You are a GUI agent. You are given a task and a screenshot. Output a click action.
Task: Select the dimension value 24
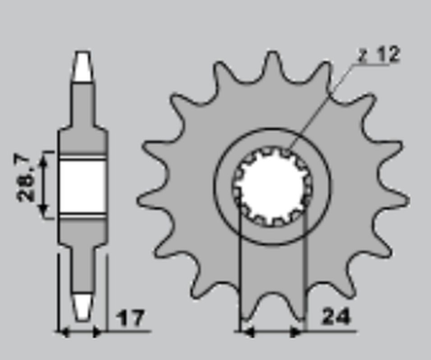coord(336,318)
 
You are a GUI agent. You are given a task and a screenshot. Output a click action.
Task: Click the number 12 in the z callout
coord(387,56)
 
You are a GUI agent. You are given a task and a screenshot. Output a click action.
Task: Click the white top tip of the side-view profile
coord(82,67)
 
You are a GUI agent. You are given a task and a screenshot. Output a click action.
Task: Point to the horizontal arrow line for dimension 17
coord(81,332)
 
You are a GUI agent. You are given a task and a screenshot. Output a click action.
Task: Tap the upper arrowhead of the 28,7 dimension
coord(47,157)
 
